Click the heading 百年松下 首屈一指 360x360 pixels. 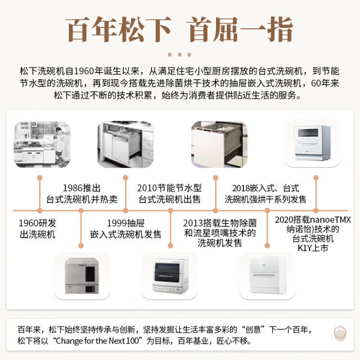click(x=180, y=30)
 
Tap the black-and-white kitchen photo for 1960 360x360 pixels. click(x=42, y=144)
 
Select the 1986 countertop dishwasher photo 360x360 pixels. click(x=82, y=276)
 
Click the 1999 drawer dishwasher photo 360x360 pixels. click(x=126, y=144)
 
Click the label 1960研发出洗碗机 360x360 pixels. click(x=37, y=228)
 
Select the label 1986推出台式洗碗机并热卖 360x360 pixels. click(x=82, y=193)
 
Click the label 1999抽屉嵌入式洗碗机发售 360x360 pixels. click(x=126, y=228)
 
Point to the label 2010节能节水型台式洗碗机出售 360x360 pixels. click(x=169, y=193)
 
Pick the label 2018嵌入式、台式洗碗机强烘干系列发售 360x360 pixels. click(x=265, y=193)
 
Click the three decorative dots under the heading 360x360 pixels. click(x=180, y=55)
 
